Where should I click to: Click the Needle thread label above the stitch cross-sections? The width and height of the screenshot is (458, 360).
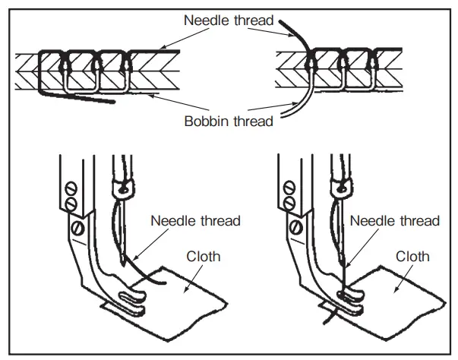coord(229,20)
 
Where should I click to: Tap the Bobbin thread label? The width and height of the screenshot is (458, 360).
coord(229,120)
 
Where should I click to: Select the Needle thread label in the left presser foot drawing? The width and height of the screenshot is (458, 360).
coord(195,221)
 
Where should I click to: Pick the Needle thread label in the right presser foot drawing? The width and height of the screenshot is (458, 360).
coord(395,221)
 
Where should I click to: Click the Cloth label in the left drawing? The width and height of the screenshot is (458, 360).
coord(204,256)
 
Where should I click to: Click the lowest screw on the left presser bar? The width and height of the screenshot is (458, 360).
coord(77,226)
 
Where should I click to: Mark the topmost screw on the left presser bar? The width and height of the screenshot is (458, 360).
coord(69,185)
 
